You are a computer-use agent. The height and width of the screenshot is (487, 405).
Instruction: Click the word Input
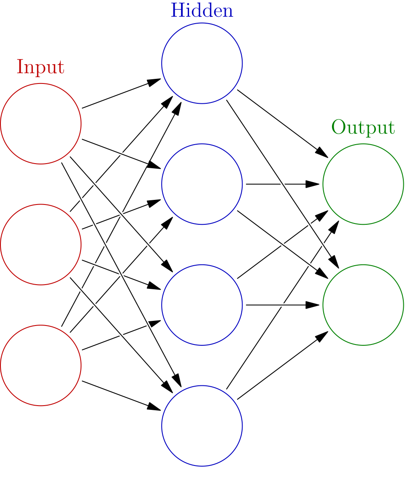pyautogui.click(x=40, y=67)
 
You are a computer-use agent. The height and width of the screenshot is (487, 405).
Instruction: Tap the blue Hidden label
pyautogui.click(x=202, y=11)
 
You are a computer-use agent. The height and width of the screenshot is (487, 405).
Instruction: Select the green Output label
pyautogui.click(x=363, y=127)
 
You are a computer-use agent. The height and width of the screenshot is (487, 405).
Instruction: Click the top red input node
pyautogui.click(x=40, y=124)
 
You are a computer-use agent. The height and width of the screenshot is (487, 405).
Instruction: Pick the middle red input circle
pyautogui.click(x=40, y=245)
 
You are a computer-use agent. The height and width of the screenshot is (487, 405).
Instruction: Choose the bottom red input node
pyautogui.click(x=40, y=365)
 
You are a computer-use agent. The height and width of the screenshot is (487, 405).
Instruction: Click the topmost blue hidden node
pyautogui.click(x=202, y=63)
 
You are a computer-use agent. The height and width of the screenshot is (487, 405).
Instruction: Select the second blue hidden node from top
pyautogui.click(x=202, y=184)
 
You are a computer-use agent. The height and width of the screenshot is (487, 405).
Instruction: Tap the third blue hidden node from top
pyautogui.click(x=202, y=305)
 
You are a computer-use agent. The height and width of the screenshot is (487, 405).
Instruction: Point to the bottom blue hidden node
pyautogui.click(x=202, y=426)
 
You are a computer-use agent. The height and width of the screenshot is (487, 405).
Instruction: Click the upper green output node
pyautogui.click(x=363, y=184)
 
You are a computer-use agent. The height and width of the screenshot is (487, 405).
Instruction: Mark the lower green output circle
pyautogui.click(x=363, y=305)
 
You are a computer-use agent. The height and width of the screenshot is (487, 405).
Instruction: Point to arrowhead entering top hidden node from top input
pyautogui.click(x=159, y=79)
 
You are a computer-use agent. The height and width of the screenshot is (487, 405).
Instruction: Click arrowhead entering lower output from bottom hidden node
pyautogui.click(x=326, y=333)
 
